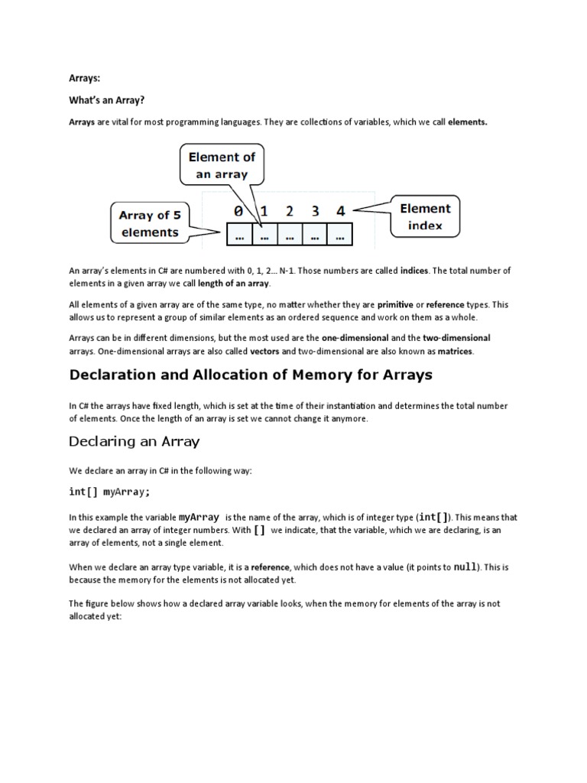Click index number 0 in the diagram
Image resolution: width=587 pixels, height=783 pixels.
[x=238, y=210]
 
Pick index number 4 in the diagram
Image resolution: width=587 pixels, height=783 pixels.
[x=340, y=210]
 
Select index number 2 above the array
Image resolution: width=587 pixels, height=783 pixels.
[x=290, y=210]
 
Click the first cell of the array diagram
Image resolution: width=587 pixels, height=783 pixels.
[x=240, y=236]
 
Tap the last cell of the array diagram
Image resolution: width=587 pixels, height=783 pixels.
[x=339, y=236]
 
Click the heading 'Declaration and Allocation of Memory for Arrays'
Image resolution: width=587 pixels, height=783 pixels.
[x=251, y=375]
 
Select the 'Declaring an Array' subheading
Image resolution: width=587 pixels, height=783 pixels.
[x=135, y=441]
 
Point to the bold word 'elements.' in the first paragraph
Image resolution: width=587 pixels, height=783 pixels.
[x=467, y=122]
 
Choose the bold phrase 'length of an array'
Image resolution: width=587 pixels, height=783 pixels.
[x=233, y=284]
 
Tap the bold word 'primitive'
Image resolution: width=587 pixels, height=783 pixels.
[x=396, y=304]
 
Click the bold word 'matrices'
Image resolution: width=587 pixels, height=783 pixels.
[x=455, y=351]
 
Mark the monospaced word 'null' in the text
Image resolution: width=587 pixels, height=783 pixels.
[x=465, y=567]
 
